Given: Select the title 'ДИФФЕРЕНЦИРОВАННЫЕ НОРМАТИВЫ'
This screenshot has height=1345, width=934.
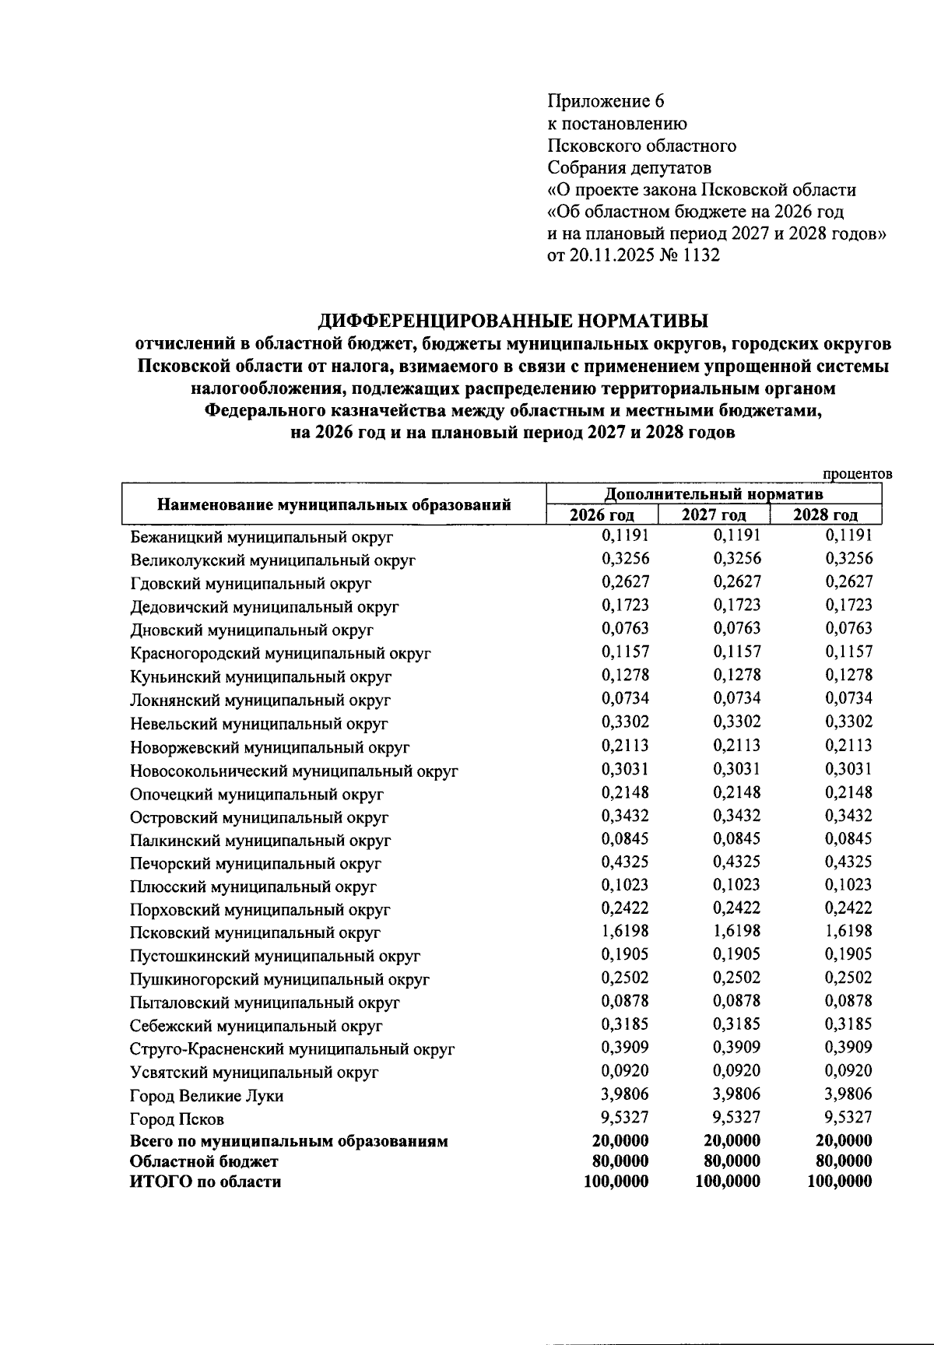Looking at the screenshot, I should pos(514,320).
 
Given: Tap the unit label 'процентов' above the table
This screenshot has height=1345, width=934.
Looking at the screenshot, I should pos(857,474).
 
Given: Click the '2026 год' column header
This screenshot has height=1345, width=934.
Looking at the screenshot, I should pos(602,515).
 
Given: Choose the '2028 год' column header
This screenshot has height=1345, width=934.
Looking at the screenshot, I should pos(825,515).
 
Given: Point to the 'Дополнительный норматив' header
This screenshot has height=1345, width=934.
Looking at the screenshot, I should pos(714,494).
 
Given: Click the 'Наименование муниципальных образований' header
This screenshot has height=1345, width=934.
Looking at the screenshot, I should pos(334,504).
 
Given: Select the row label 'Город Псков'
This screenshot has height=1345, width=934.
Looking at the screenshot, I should pos(177,1119).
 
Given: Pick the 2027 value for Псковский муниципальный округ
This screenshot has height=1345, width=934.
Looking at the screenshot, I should pos(736,931).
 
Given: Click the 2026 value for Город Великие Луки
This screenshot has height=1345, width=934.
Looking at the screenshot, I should pos(625,1094).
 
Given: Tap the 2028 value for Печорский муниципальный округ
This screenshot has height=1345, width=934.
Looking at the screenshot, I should pos(848,862).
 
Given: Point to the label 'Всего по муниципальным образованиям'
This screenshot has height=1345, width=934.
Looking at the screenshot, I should pos(289,1142).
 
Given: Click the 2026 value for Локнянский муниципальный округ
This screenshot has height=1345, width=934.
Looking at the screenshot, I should pos(625,698).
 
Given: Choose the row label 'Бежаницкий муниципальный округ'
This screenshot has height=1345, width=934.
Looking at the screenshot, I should pos(262,537).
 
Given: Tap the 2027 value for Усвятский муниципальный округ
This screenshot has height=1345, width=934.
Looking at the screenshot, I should pos(736,1071).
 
